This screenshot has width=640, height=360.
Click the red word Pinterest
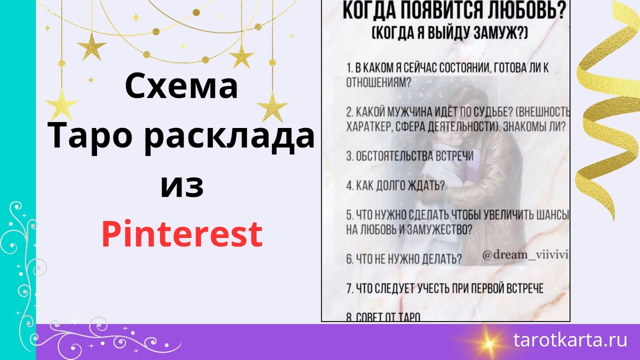coord(182,234)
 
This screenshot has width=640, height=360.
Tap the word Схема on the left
coord(182,87)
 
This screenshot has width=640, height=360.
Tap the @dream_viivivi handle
coord(525,255)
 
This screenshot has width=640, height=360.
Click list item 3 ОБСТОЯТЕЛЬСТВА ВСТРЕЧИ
coord(410,156)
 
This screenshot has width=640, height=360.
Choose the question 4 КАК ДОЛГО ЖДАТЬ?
coord(396,186)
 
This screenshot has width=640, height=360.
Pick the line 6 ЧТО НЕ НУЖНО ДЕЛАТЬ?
coord(404,259)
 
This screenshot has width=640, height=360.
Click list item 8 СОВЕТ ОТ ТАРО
coord(383,317)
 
